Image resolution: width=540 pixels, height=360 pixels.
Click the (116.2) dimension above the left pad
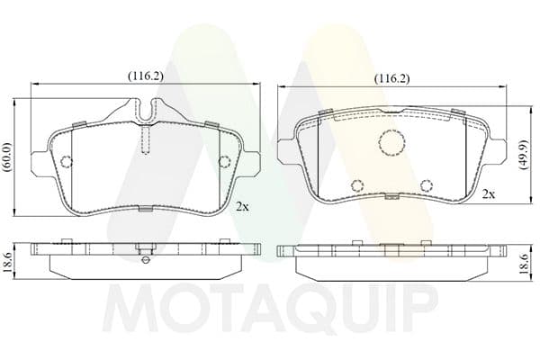pos(145,76)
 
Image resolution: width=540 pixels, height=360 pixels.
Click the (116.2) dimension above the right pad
pos(392,79)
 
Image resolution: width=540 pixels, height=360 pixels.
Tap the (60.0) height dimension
pos(7,157)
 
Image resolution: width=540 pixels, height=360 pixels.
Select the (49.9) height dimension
pos(524,154)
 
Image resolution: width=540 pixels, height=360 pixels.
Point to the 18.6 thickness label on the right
pos(524,265)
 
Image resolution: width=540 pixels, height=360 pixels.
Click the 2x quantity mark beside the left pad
pos(242,206)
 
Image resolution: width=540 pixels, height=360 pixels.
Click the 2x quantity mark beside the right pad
pos(489,194)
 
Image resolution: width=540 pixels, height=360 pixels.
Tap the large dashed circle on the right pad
pos(391,142)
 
